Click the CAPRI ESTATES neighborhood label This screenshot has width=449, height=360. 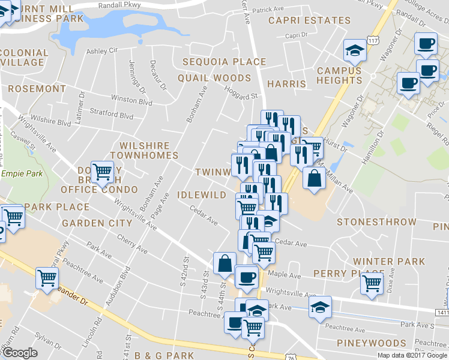[x=309, y=20]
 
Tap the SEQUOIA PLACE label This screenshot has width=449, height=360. [x=224, y=62]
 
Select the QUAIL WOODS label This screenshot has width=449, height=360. [x=214, y=78]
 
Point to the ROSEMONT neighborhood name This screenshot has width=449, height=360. [x=37, y=88]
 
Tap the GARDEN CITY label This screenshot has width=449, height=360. [x=97, y=223]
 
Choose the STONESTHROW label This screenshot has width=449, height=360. [x=376, y=222]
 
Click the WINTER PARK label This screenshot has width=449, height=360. [x=389, y=262]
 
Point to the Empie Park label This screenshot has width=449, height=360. [x=20, y=173]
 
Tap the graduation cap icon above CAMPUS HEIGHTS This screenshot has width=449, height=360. [x=354, y=50]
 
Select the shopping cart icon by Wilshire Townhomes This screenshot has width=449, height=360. [x=103, y=171]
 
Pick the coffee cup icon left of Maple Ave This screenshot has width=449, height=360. [x=246, y=277]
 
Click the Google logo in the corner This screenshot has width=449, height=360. [x=20, y=353]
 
